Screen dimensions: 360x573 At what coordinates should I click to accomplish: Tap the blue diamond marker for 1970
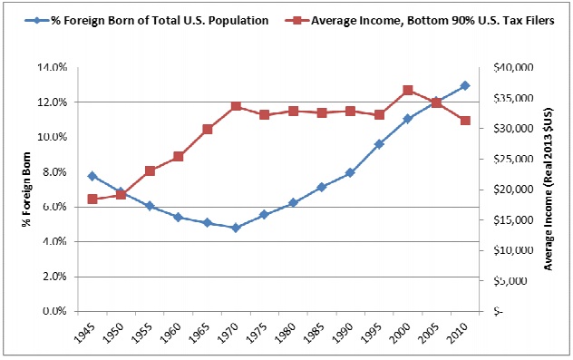pos(236,228)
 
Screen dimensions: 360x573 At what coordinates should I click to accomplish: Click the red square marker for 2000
pos(408,91)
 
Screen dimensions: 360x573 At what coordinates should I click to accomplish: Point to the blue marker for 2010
pos(465,85)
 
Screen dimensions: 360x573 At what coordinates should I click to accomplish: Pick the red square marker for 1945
pos(92,199)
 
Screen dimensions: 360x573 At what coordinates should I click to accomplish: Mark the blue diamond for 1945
pos(92,176)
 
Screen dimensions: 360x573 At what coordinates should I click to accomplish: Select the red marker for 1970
pos(236,106)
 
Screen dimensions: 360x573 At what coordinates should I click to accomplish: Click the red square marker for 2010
pos(465,121)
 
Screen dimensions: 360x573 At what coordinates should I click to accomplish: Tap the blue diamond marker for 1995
pos(379,144)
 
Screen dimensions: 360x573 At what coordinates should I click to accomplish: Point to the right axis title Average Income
pos(549,190)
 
